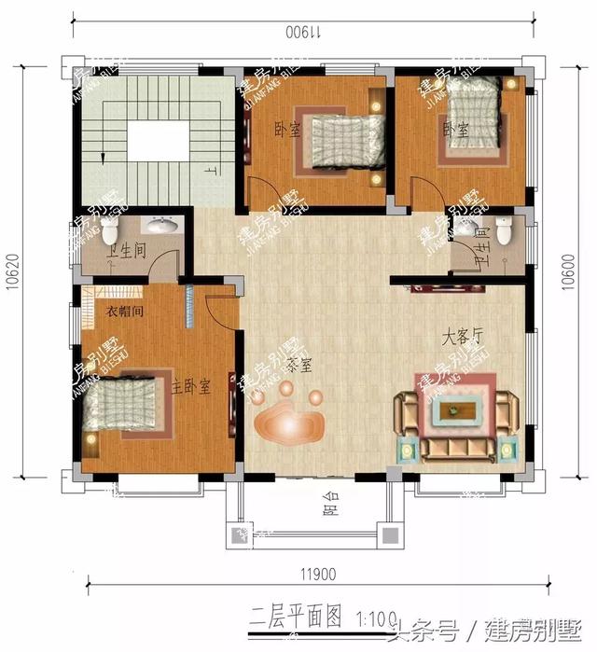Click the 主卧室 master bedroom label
[x=190, y=384]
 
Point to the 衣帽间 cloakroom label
[x=123, y=312]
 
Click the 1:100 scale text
[x=373, y=617]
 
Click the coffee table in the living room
[x=456, y=408]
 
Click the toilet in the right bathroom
[x=505, y=227]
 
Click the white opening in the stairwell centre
[x=160, y=142]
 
